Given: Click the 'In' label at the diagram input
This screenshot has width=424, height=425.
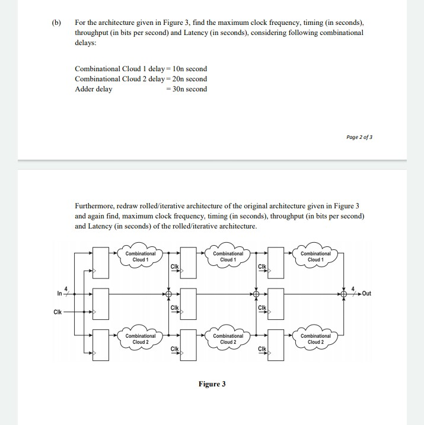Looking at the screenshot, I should tap(59, 293).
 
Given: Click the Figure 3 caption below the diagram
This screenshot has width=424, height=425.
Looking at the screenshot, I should tap(212, 384).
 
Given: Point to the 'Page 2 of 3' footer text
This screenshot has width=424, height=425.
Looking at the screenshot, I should tap(360, 137).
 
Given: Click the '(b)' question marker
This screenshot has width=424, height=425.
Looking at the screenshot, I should tap(56, 23).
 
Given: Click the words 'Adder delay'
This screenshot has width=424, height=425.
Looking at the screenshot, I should tap(93, 89).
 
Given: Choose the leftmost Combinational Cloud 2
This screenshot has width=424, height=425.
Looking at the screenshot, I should tap(141, 339).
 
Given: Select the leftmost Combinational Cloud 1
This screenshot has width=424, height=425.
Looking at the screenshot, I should tap(141, 256).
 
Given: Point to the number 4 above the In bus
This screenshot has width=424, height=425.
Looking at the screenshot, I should tap(66, 288).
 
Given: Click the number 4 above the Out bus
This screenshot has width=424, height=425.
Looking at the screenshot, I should tap(354, 288).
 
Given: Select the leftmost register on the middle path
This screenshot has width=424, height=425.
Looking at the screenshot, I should tap(101, 302).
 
